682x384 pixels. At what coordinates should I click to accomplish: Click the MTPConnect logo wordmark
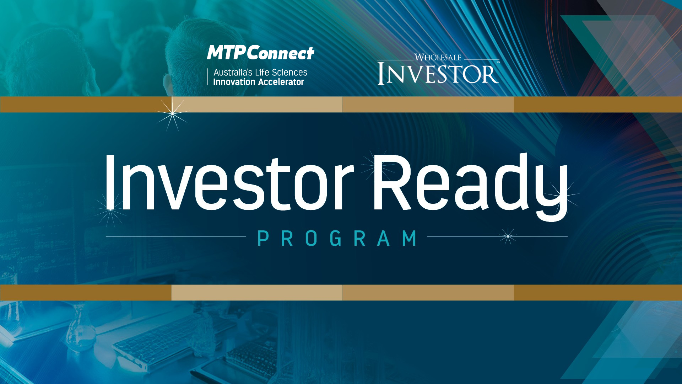pyautogui.click(x=261, y=53)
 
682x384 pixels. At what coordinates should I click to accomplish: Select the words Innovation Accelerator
pyautogui.click(x=259, y=82)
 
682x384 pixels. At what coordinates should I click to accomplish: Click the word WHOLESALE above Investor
pyautogui.click(x=438, y=57)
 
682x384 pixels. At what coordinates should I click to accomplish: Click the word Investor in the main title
pyautogui.click(x=229, y=182)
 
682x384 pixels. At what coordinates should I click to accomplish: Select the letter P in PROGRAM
pyautogui.click(x=263, y=238)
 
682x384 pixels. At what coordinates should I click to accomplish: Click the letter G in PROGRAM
pyautogui.click(x=336, y=238)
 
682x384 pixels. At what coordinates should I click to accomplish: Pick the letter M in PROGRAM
pyautogui.click(x=410, y=238)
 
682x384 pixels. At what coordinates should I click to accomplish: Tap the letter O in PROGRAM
pyautogui.click(x=311, y=238)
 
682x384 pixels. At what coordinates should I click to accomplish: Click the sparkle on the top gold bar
pyautogui.click(x=173, y=114)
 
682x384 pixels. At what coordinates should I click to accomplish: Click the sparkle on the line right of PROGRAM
pyautogui.click(x=508, y=236)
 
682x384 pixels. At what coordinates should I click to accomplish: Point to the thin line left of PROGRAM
pyautogui.click(x=176, y=237)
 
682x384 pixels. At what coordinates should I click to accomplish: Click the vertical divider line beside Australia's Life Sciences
pyautogui.click(x=207, y=77)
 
